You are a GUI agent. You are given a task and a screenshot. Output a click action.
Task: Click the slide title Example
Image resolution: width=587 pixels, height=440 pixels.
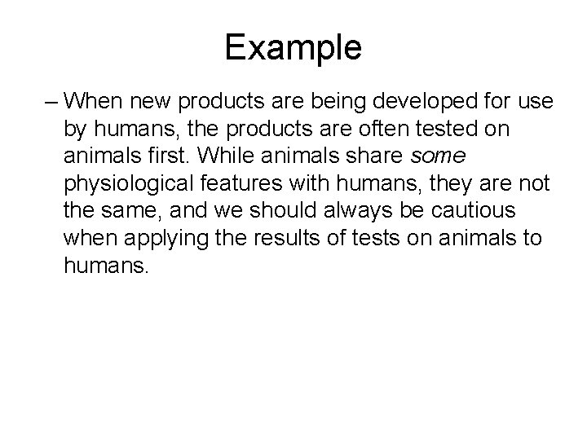293,48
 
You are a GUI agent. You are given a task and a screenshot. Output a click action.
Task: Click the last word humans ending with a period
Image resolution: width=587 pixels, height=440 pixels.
107,266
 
